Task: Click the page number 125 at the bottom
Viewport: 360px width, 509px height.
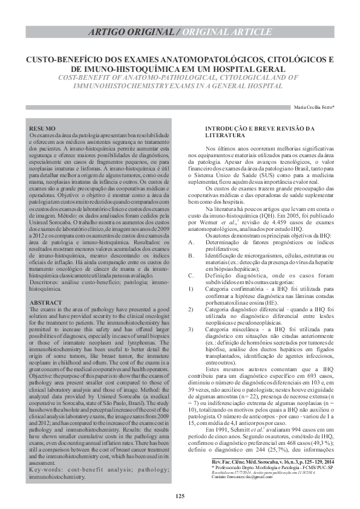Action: click(x=180, y=497)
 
